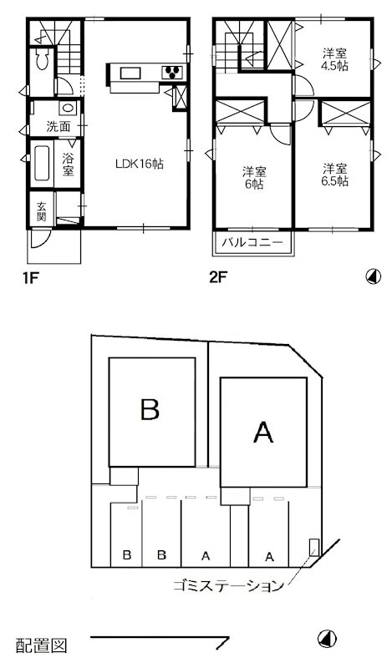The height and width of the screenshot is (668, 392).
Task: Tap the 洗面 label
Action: click(59, 128)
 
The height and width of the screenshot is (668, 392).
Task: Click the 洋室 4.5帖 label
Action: click(335, 60)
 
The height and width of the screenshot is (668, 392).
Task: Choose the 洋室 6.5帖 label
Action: click(335, 174)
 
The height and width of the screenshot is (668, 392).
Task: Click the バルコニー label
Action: click(254, 244)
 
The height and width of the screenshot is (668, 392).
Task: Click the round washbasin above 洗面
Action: click(67, 109)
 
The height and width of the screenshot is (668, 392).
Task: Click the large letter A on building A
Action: click(263, 432)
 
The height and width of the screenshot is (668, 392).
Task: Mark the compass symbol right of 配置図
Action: click(328, 639)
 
